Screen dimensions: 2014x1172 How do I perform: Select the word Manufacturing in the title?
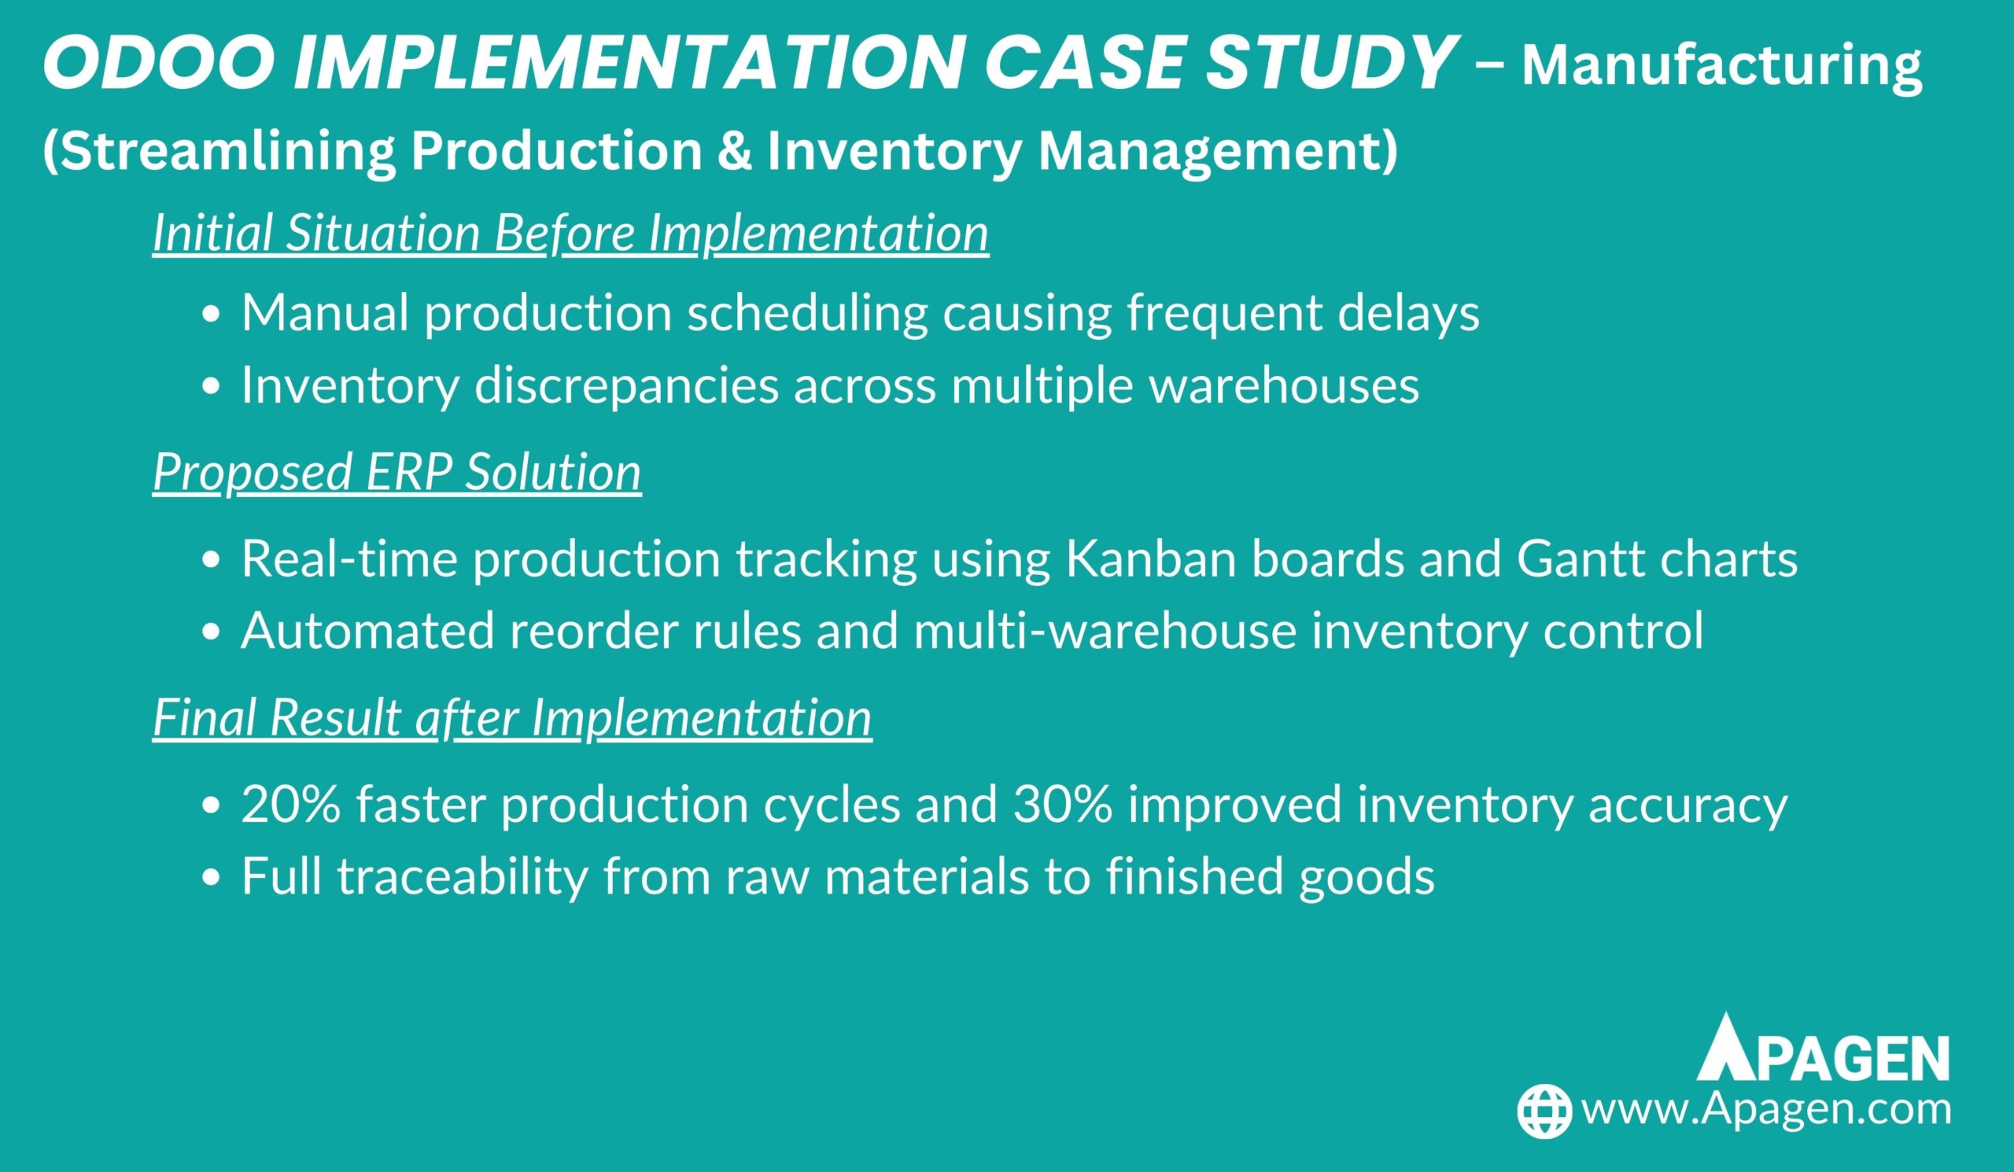point(1721,66)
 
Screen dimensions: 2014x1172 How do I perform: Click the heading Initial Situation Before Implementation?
point(570,234)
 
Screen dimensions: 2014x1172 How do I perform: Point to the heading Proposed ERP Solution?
point(397,472)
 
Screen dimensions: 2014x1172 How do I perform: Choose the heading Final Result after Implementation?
point(512,717)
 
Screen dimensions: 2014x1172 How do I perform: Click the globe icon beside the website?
point(1545,1111)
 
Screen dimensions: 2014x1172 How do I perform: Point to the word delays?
point(1409,313)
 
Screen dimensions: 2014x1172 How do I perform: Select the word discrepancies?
point(625,386)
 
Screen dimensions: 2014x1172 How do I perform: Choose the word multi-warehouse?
point(1105,631)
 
